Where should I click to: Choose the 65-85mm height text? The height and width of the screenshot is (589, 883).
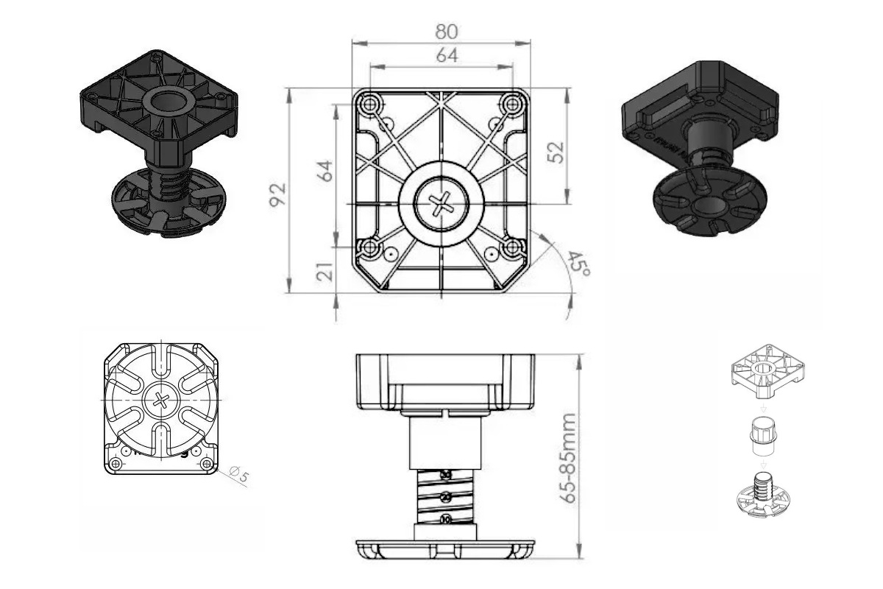pyautogui.click(x=567, y=457)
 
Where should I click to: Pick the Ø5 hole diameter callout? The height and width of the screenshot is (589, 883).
pyautogui.click(x=239, y=475)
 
